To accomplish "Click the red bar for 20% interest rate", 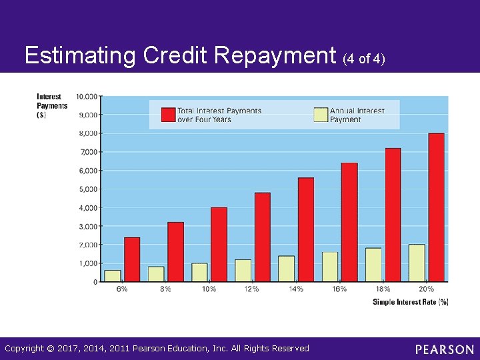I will pyautogui.click(x=436, y=207).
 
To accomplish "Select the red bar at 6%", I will pyautogui.click(x=132, y=259).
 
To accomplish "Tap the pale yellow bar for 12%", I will pyautogui.click(x=243, y=270).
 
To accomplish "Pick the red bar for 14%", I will pyautogui.click(x=306, y=229).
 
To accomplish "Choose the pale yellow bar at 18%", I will pyautogui.click(x=373, y=264).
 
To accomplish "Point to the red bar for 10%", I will pyautogui.click(x=219, y=244).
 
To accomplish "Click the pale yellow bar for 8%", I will pyautogui.click(x=156, y=274).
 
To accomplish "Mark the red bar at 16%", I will pyautogui.click(x=349, y=221).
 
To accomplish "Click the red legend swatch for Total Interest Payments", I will pyautogui.click(x=168, y=115).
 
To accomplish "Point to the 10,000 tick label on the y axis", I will pyautogui.click(x=87, y=96).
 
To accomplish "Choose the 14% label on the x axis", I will pyautogui.click(x=296, y=289).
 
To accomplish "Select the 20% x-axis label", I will pyautogui.click(x=426, y=289).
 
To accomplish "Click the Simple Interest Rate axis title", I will pyautogui.click(x=410, y=302).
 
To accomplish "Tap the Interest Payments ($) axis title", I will pyautogui.click(x=52, y=105).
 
